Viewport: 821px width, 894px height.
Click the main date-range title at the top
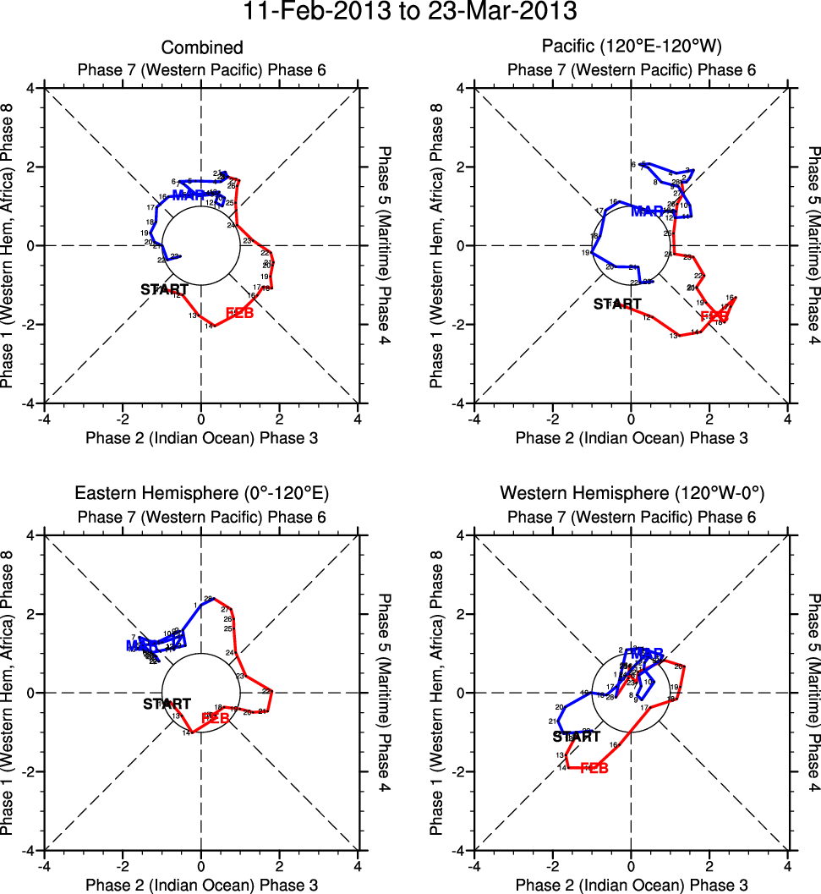coord(410,13)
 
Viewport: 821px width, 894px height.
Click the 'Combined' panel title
coord(202,48)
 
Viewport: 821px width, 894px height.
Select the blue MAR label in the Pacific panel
coord(648,211)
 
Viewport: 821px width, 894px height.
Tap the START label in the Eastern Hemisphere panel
coord(167,703)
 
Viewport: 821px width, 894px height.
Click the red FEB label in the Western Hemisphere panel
coord(594,768)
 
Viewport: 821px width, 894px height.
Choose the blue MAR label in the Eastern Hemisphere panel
coord(141,645)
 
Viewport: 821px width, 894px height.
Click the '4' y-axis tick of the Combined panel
coord(30,88)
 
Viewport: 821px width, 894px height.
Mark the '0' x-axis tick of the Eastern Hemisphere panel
coord(201,866)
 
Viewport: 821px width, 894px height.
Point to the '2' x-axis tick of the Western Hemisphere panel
coord(709,866)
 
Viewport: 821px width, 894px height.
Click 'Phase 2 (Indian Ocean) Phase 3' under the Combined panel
coord(201,437)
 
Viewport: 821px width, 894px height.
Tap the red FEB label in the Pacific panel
coord(714,315)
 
